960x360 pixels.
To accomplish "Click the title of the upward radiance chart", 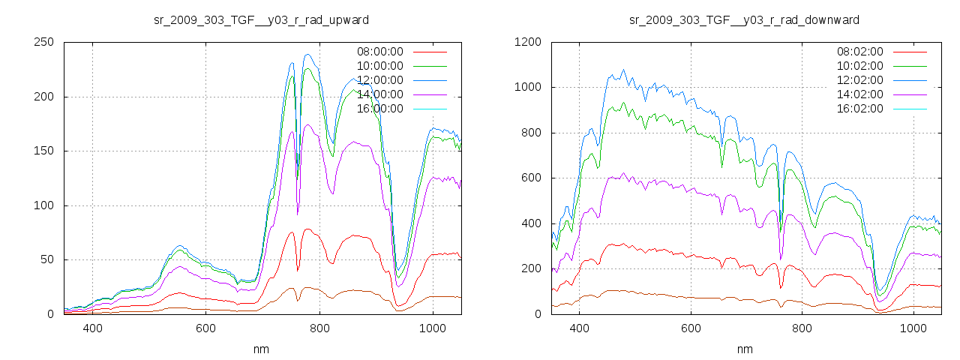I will pos(261,19).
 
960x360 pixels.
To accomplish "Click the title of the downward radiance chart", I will pos(744,19).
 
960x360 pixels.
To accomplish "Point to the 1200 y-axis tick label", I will pos(528,43).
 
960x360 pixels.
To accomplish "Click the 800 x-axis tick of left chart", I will pos(319,328).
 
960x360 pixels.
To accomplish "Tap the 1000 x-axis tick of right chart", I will pos(913,328).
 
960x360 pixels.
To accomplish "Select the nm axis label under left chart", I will pos(261,349).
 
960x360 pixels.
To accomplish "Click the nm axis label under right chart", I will pos(744,349).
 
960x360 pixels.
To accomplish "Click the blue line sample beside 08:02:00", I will pos(909,52).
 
